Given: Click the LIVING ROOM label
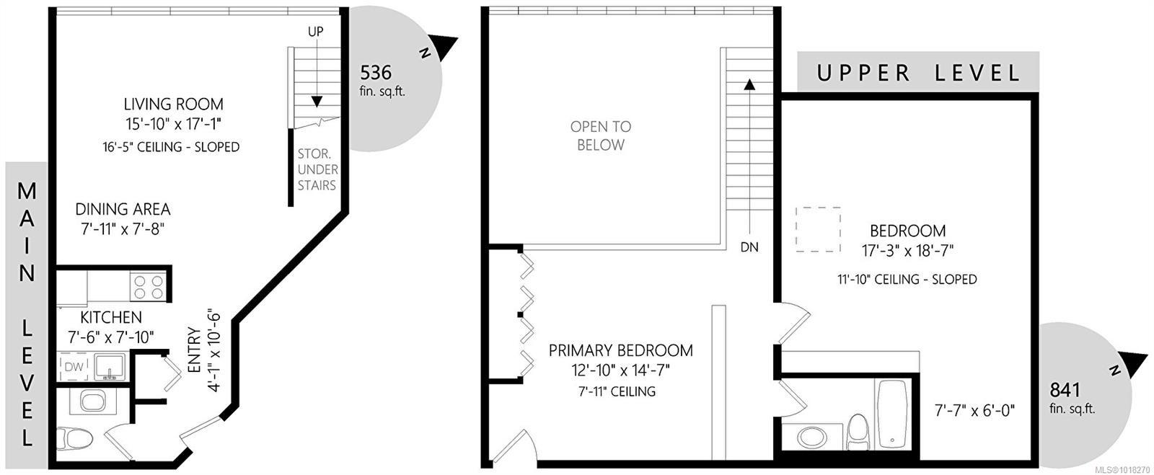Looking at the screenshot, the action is click(x=174, y=104).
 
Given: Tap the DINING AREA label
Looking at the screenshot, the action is click(x=123, y=209).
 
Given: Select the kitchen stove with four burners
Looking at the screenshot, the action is click(x=149, y=287).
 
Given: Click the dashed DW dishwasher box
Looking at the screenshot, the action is click(x=74, y=366).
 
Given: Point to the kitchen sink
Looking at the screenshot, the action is click(x=108, y=366).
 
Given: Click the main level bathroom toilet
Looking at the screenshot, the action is click(x=75, y=438).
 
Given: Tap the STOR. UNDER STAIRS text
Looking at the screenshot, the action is click(x=317, y=169).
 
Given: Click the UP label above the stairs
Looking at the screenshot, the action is click(x=316, y=32).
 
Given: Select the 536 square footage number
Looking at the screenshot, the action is click(x=376, y=73).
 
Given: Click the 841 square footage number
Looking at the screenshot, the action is click(x=1065, y=389).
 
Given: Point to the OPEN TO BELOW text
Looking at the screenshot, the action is click(x=601, y=136).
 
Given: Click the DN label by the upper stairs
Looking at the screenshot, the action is click(x=749, y=247).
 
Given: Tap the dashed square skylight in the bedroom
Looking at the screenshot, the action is click(x=818, y=229).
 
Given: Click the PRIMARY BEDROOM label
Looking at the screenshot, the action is click(x=620, y=350).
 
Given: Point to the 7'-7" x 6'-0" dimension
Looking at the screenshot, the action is click(x=974, y=410).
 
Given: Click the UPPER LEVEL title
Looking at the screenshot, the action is click(x=918, y=73).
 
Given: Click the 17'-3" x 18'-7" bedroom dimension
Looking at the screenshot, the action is click(x=908, y=251).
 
